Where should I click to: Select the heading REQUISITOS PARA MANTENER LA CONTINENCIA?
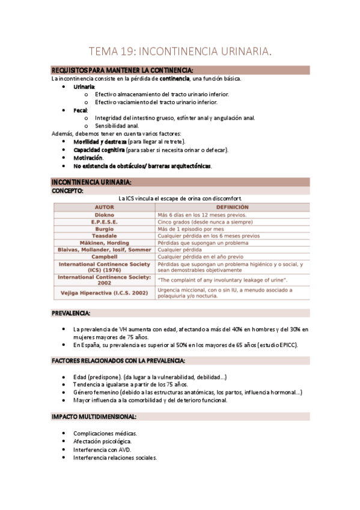tap(122, 70)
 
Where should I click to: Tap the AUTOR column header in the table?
tap(104, 207)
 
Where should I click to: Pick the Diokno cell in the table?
tap(104, 214)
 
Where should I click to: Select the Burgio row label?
tap(104, 229)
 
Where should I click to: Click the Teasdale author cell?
tap(104, 236)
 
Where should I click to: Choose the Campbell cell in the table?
tap(104, 257)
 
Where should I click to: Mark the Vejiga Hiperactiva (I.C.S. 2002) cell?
tap(104, 293)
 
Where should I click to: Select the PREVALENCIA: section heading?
tap(71, 313)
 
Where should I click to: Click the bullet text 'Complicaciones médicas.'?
tap(105, 433)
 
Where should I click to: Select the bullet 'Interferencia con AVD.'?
tap(102, 449)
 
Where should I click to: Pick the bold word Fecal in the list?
tap(81, 111)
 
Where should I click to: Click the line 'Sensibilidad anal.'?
tap(117, 126)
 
